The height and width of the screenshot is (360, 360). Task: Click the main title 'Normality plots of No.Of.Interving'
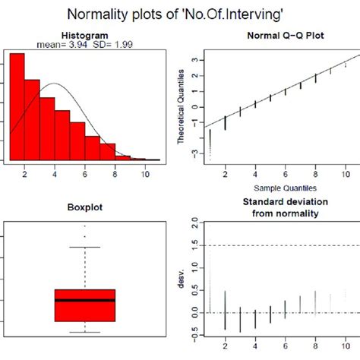click(x=179, y=14)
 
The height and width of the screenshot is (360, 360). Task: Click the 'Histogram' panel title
click(x=84, y=36)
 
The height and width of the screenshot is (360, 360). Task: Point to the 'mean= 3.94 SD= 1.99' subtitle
click(x=84, y=45)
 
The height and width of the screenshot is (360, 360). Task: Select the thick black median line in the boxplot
click(x=84, y=300)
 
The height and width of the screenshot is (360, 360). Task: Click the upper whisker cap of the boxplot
click(x=84, y=247)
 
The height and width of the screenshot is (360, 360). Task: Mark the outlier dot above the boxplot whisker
click(x=84, y=226)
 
